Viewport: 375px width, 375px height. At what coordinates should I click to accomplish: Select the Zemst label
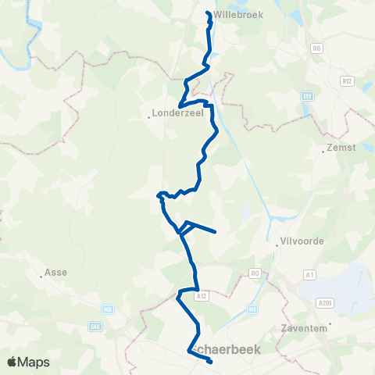pyautogui.click(x=338, y=146)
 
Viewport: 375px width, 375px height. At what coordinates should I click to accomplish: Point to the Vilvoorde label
pyautogui.click(x=295, y=241)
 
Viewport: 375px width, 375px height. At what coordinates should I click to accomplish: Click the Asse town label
pyautogui.click(x=57, y=273)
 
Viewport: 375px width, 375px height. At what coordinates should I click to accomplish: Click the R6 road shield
pyautogui.click(x=316, y=48)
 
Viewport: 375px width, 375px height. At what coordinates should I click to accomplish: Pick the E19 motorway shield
pyautogui.click(x=308, y=96)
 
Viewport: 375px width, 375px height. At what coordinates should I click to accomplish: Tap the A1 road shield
pyautogui.click(x=310, y=275)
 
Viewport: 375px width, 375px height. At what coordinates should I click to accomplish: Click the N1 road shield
pyautogui.click(x=252, y=309)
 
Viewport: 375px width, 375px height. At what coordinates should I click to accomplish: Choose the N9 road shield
pyautogui.click(x=109, y=309)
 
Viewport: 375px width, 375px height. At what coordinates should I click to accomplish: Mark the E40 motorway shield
pyautogui.click(x=95, y=327)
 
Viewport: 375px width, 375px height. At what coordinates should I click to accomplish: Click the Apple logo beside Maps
pyautogui.click(x=12, y=362)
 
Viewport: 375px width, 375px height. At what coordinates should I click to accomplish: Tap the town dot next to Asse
pyautogui.click(x=41, y=274)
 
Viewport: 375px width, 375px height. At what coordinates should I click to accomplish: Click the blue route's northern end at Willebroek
pyautogui.click(x=208, y=12)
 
